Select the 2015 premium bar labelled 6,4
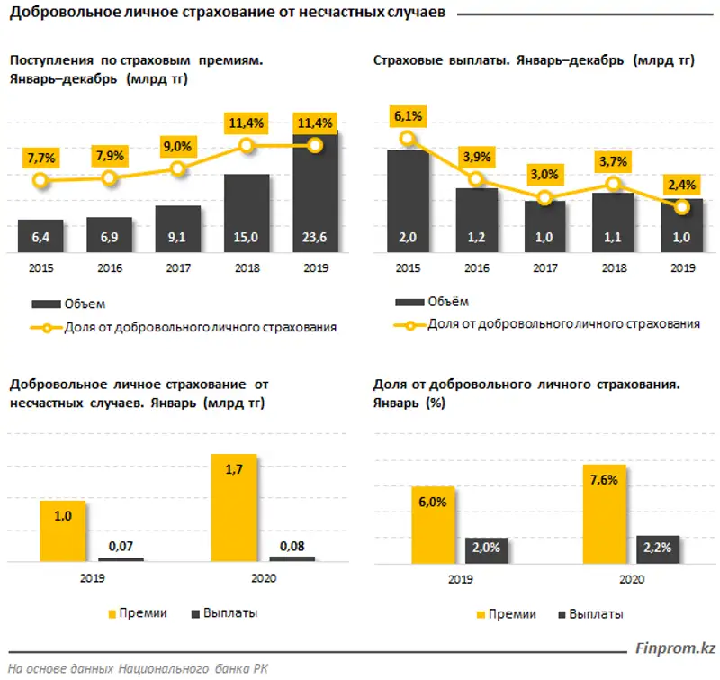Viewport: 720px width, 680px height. (40, 238)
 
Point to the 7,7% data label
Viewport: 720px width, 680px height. (41, 159)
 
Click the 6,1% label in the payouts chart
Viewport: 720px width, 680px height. (408, 115)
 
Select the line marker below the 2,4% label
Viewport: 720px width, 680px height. (682, 207)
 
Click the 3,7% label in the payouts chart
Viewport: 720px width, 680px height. (613, 162)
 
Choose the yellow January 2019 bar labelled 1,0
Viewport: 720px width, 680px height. (62, 530)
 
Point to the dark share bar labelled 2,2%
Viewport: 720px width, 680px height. (658, 549)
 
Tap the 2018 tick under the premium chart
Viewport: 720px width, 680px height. (247, 267)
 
